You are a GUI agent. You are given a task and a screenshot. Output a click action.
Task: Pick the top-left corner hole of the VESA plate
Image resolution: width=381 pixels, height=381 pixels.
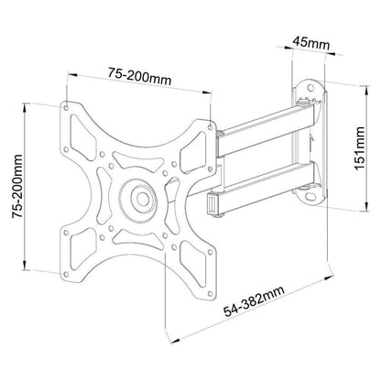coord(66,106)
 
